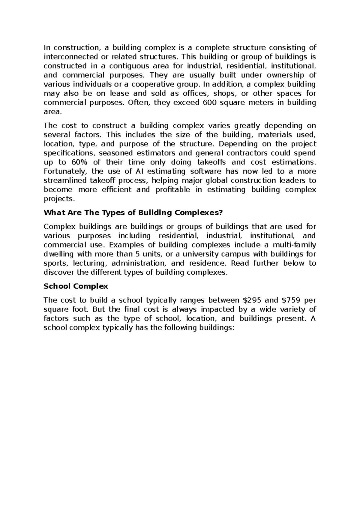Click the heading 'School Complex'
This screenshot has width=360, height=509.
point(76,286)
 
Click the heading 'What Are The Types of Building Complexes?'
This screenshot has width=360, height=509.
point(133,213)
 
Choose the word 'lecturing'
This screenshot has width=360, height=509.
point(90,264)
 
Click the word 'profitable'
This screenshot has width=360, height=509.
point(173,190)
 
